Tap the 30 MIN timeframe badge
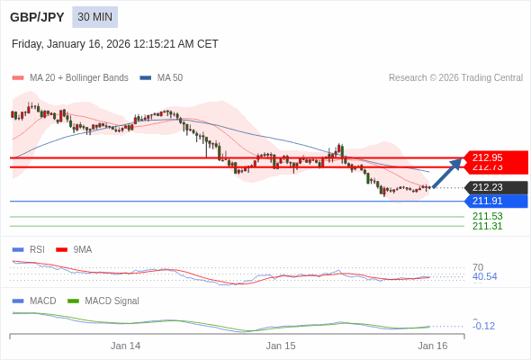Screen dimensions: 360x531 (94, 17)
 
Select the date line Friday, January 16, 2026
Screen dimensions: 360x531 (115, 44)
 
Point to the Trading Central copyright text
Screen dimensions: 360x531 (455, 78)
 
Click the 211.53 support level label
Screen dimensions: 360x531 (487, 216)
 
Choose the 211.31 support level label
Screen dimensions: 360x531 (487, 226)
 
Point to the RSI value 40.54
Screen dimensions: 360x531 (484, 276)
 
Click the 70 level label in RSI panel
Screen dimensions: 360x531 (478, 267)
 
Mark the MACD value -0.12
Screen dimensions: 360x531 (484, 326)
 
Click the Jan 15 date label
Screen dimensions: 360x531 (281, 346)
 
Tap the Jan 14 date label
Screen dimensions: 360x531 (126, 346)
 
